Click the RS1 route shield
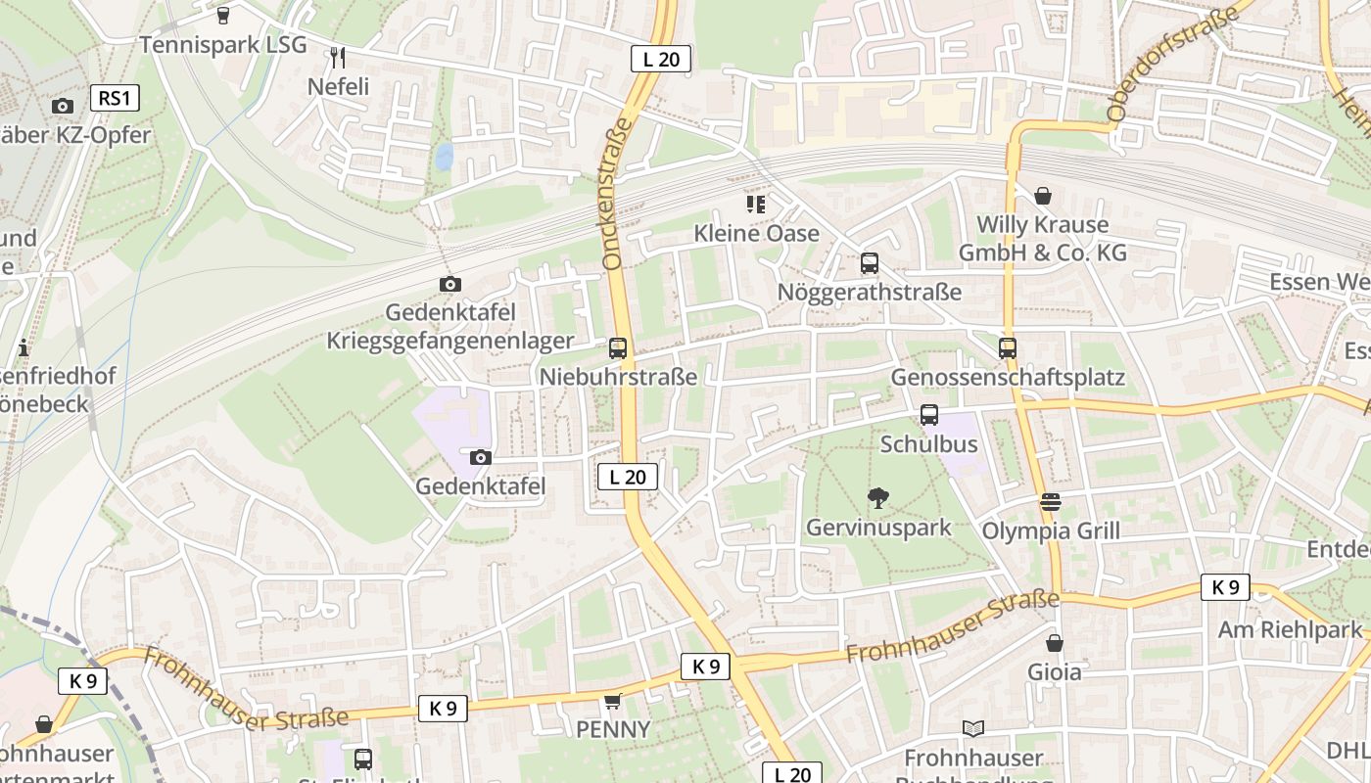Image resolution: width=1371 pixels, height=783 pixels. (x=115, y=98)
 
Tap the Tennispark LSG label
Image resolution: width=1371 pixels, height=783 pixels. (x=222, y=45)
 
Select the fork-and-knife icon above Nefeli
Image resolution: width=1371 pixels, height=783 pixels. (x=338, y=57)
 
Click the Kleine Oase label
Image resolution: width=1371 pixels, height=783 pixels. (x=756, y=233)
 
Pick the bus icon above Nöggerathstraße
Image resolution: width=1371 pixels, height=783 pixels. (x=869, y=263)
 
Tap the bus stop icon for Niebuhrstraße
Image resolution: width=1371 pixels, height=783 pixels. (x=618, y=347)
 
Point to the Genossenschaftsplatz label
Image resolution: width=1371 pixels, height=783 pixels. (x=1007, y=378)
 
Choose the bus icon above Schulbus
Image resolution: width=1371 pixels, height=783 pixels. (x=928, y=415)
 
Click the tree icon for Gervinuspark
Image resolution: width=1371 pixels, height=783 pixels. (x=878, y=498)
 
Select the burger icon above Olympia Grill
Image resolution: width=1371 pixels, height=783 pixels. (x=1051, y=502)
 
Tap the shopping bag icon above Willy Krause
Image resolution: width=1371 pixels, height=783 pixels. (x=1043, y=196)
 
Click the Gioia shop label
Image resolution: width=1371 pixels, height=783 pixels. (x=1054, y=672)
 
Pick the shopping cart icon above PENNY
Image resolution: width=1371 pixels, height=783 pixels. (x=613, y=701)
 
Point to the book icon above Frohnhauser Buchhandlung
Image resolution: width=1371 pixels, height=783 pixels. (x=972, y=728)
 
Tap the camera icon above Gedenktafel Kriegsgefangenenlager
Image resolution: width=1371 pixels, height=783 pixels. (x=450, y=285)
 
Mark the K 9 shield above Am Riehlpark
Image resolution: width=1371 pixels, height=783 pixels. (x=1225, y=587)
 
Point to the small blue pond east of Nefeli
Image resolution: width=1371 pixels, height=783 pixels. (x=444, y=156)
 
